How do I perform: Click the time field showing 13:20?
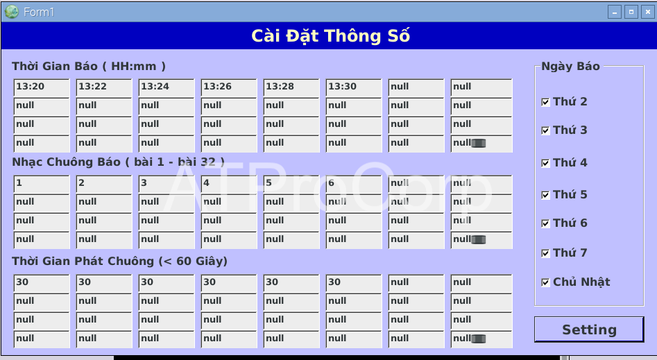click(42, 88)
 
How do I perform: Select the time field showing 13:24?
click(167, 88)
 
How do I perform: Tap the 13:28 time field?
click(291, 88)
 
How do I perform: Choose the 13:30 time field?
click(354, 88)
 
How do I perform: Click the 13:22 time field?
click(104, 88)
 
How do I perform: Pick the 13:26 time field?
click(229, 88)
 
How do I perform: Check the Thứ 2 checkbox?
click(545, 102)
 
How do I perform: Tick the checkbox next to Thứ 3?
click(545, 131)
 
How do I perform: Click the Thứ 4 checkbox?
click(545, 163)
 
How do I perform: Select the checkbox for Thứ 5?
click(545, 196)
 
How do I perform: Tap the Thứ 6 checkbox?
click(545, 224)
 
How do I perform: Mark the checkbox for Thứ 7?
click(545, 254)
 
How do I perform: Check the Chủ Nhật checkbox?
click(545, 282)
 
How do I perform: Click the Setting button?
click(589, 329)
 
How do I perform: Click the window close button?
click(648, 12)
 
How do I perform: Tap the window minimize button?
click(614, 12)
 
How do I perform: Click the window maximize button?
click(631, 12)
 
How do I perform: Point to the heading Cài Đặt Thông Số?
click(331, 36)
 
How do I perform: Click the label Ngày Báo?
click(571, 66)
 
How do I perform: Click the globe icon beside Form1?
click(12, 12)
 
